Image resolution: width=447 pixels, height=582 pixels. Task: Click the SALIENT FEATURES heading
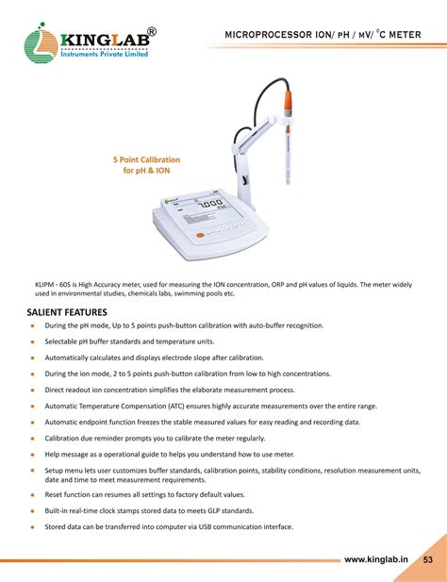(67, 311)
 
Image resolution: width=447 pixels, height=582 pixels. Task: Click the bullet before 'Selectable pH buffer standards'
(32, 341)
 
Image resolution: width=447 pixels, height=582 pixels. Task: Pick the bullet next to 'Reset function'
(32, 494)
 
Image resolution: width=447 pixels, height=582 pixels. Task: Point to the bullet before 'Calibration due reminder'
(32, 438)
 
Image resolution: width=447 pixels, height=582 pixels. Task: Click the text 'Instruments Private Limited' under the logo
(104, 55)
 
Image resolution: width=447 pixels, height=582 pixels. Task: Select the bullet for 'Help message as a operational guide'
(32, 454)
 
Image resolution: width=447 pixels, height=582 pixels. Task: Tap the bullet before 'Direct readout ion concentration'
(32, 390)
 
